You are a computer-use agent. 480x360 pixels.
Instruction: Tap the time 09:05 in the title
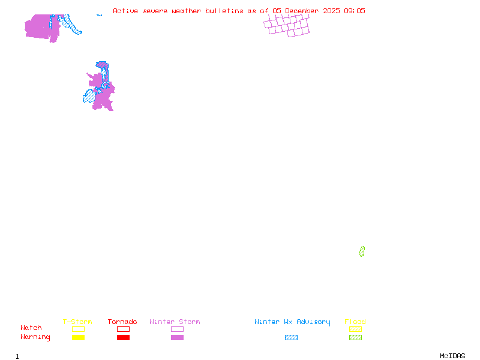[x=354, y=11]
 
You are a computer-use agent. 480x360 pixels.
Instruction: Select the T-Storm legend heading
[x=77, y=322]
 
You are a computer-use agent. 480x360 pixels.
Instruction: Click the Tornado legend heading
[x=122, y=322]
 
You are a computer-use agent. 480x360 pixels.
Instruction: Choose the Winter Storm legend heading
[x=175, y=322]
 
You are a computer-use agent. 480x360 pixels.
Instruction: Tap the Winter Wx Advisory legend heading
[x=292, y=322]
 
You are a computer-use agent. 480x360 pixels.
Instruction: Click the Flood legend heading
[x=355, y=322]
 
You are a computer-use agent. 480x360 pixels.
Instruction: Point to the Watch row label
[x=31, y=328]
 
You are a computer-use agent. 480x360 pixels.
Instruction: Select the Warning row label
[x=35, y=337]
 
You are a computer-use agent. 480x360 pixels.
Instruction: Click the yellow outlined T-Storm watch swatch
[x=78, y=329]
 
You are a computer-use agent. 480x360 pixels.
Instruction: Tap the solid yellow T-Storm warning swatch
[x=78, y=337]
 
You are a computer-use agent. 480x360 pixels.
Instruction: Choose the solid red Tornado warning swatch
[x=123, y=337]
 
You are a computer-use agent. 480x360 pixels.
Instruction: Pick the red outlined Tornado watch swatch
[x=123, y=329]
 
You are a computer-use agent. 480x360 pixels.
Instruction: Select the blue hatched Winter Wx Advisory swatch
[x=291, y=337]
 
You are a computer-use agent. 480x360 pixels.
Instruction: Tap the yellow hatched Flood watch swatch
[x=355, y=329]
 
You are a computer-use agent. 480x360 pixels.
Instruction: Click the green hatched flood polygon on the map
[x=362, y=251]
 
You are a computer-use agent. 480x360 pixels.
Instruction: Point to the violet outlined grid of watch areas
[x=287, y=25]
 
